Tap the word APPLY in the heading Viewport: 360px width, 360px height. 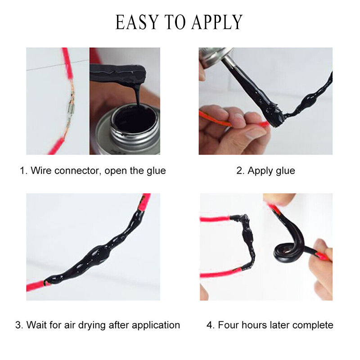[217, 22]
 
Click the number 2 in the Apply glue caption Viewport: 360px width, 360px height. [240, 171]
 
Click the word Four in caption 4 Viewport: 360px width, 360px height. [229, 325]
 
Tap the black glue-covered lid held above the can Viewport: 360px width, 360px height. [117, 72]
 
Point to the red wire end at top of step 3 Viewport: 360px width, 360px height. [144, 202]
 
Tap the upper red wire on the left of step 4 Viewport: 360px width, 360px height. [215, 219]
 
